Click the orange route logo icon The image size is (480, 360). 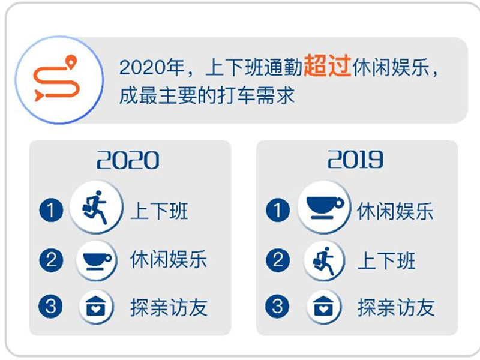tap(56, 79)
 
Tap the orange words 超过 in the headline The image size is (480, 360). tap(327, 65)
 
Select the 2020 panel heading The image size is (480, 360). tap(128, 160)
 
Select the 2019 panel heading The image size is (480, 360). tap(355, 159)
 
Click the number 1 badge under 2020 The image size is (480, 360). tap(51, 210)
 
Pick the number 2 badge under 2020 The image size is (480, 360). tap(51, 260)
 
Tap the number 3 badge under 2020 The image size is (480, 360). tap(50, 306)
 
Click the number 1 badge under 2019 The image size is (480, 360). tap(278, 210)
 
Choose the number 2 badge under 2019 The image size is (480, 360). tap(278, 260)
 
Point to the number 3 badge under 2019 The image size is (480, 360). tap(277, 306)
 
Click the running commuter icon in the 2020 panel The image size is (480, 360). tap(95, 207)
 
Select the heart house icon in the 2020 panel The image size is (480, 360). tap(96, 306)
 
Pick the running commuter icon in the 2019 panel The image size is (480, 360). tap(324, 261)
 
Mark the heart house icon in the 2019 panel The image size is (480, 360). tap(323, 306)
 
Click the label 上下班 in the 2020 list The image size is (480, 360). tap(159, 211)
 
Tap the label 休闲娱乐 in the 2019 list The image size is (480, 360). tap(395, 211)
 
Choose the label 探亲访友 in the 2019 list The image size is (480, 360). tap(396, 307)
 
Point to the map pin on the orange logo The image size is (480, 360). tap(71, 62)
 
